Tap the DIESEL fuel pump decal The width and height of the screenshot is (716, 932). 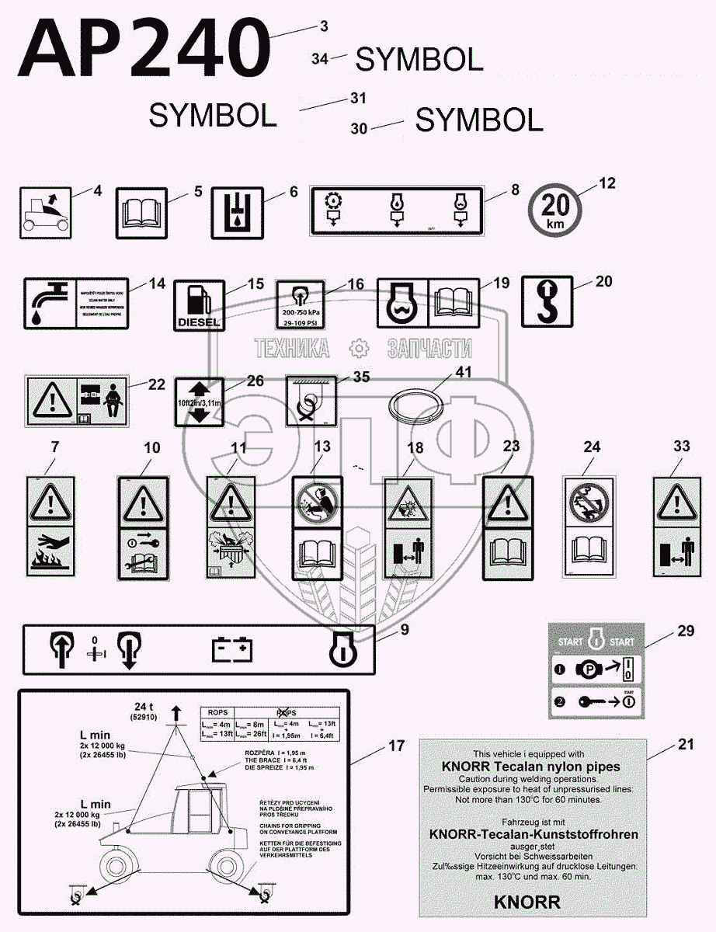click(x=199, y=305)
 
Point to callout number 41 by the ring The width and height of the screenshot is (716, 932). click(x=463, y=374)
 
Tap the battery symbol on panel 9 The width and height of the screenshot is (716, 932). click(x=233, y=648)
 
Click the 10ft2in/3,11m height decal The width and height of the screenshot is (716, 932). click(x=199, y=402)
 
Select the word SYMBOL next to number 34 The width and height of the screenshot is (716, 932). click(x=419, y=59)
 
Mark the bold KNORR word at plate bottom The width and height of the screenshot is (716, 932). click(x=527, y=902)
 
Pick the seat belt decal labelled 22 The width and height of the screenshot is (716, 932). click(x=76, y=402)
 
